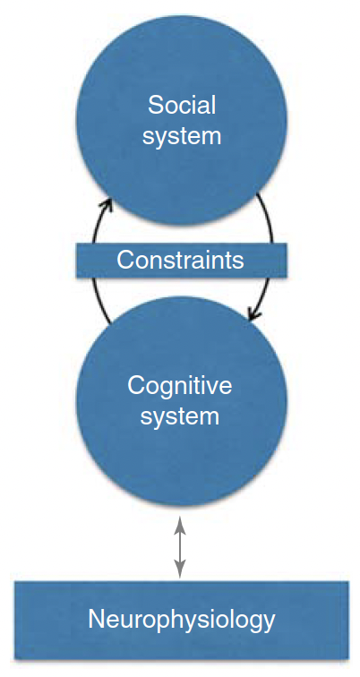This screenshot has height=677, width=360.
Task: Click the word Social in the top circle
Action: (182, 105)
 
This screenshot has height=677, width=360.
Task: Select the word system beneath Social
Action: (182, 135)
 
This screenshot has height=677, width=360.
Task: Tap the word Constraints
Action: (180, 261)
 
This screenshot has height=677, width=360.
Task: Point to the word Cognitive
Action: (180, 387)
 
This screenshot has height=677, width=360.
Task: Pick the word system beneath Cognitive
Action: (180, 416)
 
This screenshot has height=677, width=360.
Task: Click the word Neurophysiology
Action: (181, 620)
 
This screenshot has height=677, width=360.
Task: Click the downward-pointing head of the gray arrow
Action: (180, 570)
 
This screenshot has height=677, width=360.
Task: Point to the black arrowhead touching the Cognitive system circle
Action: (253, 314)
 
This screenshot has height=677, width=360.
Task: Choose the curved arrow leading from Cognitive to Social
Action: (96, 259)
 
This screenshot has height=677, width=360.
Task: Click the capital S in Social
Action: (154, 105)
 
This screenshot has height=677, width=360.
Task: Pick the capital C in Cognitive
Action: (136, 386)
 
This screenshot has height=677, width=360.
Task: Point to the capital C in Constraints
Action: (125, 261)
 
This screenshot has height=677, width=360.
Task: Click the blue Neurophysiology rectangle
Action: (181, 620)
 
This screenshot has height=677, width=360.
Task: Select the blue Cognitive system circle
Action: (181, 400)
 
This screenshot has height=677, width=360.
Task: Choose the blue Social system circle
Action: (181, 120)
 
